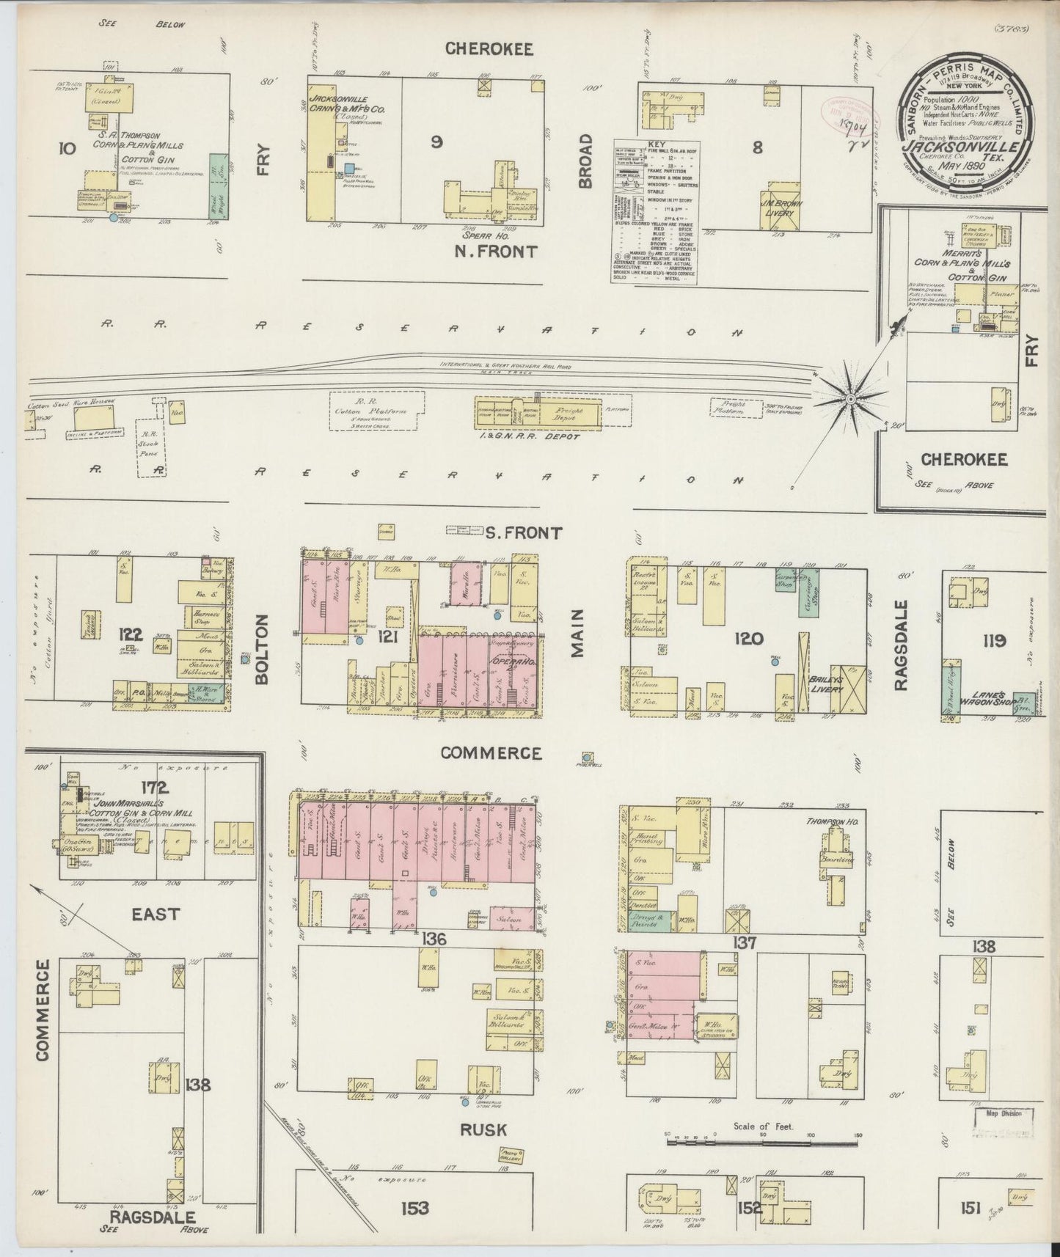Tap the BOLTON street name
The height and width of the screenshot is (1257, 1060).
[262, 648]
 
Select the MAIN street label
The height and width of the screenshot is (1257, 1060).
[577, 632]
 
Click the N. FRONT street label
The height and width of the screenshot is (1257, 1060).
[496, 252]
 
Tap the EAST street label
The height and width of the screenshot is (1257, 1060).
[155, 914]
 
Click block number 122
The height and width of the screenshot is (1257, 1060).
[134, 636]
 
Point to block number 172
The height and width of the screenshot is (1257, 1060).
[156, 788]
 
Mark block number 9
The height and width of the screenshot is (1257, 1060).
[436, 144]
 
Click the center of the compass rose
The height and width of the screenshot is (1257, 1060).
[849, 398]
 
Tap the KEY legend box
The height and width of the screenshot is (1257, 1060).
[655, 212]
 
